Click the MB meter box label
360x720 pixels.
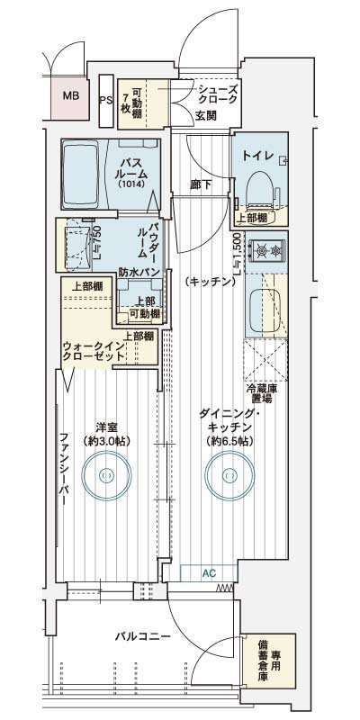click(71, 96)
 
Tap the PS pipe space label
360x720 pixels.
click(106, 100)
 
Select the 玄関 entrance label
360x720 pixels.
click(205, 115)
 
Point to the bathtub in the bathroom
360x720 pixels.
click(81, 175)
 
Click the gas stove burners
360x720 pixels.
click(267, 250)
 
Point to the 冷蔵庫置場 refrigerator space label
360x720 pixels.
click(261, 393)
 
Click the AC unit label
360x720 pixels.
click(209, 572)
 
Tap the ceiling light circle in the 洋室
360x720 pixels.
click(106, 474)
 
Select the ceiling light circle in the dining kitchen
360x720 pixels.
click(229, 475)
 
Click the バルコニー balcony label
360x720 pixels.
click(143, 636)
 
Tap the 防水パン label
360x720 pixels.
click(139, 272)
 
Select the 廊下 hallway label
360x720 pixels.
click(201, 184)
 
